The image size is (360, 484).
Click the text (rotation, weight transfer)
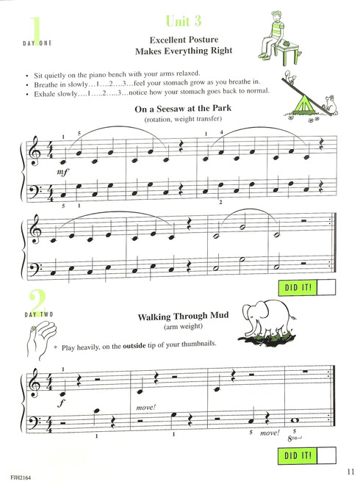179,120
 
